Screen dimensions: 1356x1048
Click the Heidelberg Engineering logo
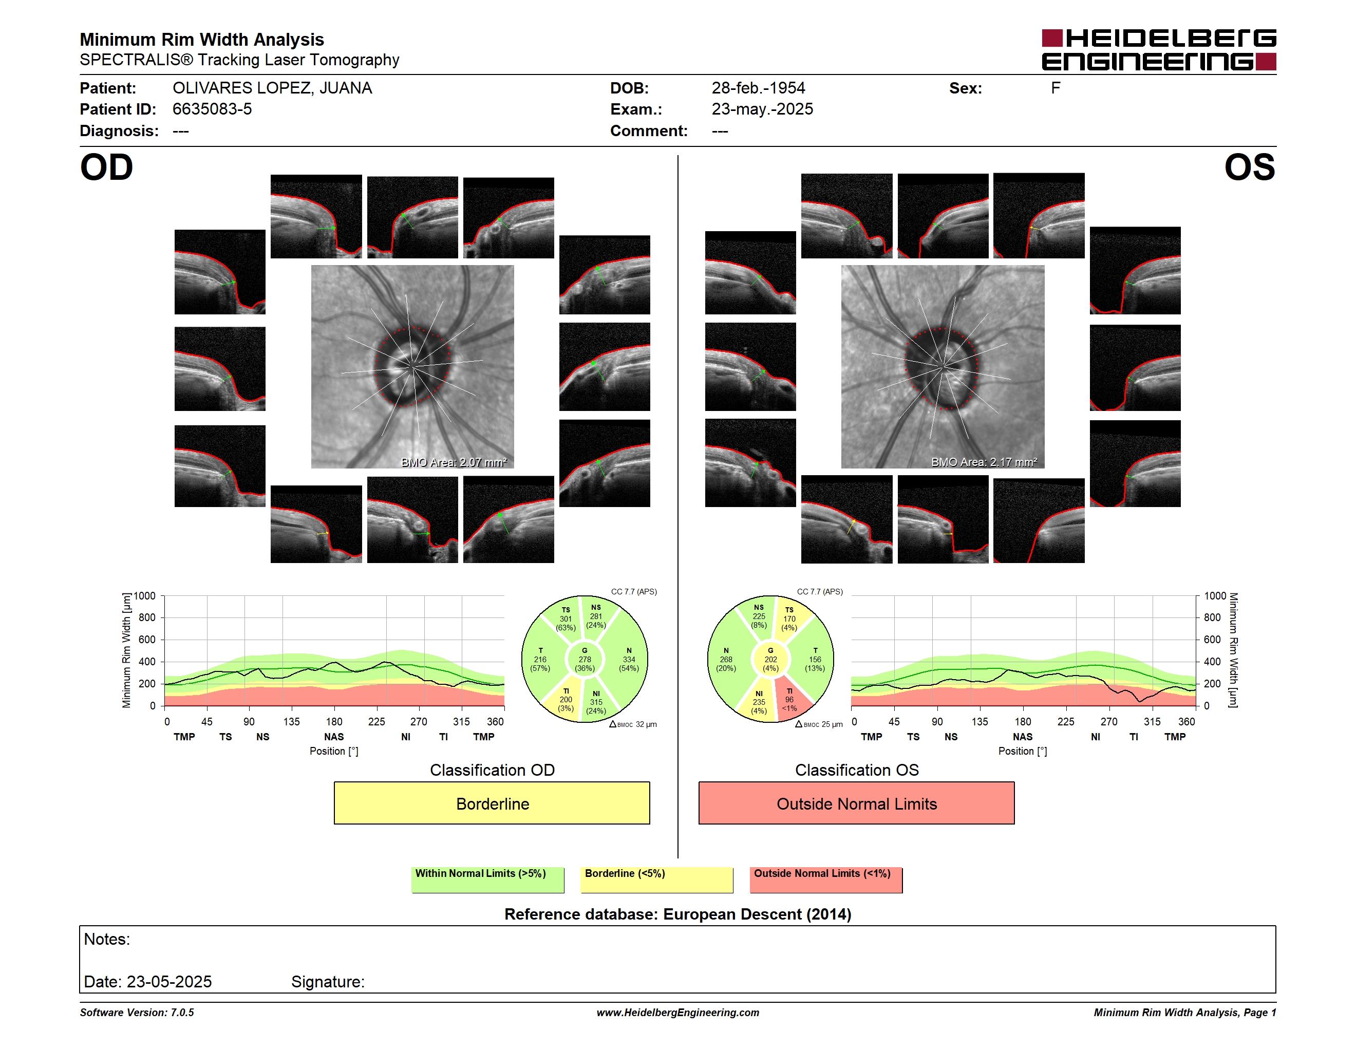click(1159, 50)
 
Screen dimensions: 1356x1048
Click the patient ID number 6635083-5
click(212, 109)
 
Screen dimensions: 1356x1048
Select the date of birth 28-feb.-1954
click(758, 88)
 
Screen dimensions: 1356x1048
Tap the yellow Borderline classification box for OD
click(492, 803)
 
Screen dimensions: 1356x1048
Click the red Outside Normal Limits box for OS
click(856, 803)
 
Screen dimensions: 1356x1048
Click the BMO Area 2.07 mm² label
click(454, 462)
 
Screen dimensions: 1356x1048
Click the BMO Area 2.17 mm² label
click(984, 462)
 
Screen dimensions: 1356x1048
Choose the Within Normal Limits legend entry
click(487, 879)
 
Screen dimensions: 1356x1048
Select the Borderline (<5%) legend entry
click(656, 879)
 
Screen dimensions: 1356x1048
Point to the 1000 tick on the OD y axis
click(144, 596)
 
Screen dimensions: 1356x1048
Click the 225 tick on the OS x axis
click(1065, 721)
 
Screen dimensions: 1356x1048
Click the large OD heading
click(106, 167)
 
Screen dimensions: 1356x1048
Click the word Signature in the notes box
click(327, 982)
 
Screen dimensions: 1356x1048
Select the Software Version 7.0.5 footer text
click(137, 1013)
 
